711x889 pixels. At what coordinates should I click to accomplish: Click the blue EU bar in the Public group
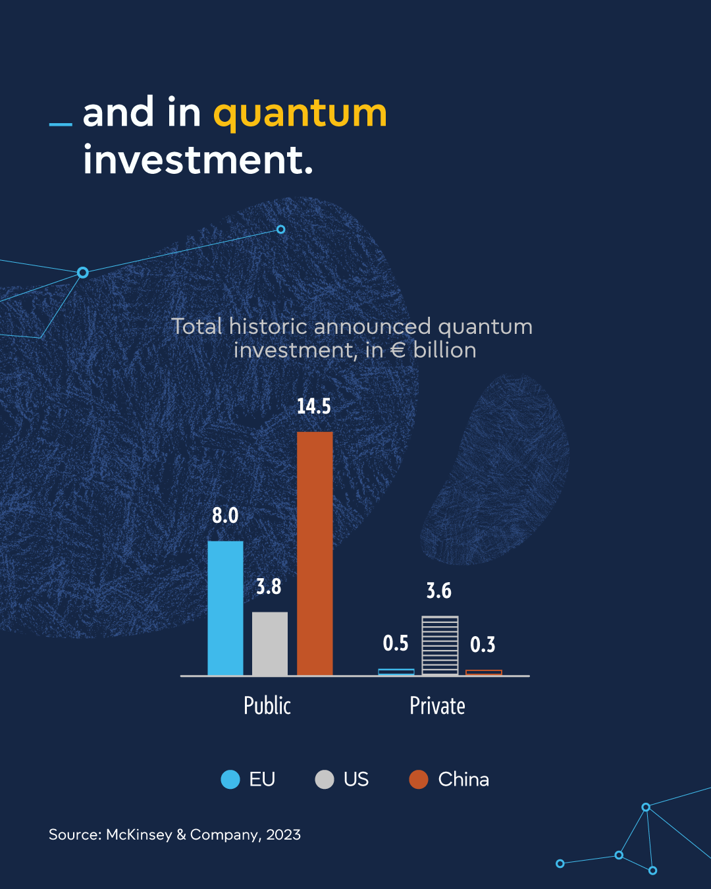(x=225, y=608)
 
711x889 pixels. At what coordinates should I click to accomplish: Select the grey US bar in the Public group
(x=270, y=643)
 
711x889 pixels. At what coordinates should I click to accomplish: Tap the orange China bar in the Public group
(x=315, y=554)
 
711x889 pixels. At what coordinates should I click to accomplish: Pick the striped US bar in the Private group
(x=440, y=646)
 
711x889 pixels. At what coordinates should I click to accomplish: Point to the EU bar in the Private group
(x=396, y=672)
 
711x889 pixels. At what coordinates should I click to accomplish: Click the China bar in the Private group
(x=484, y=672)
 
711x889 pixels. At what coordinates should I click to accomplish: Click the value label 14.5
(x=314, y=406)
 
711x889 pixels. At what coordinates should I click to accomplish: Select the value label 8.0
(x=225, y=516)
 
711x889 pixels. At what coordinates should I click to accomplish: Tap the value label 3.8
(x=269, y=587)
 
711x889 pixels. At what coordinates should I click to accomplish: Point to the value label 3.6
(x=438, y=591)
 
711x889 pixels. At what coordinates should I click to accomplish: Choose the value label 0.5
(x=396, y=643)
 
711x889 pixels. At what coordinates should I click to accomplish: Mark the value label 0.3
(x=483, y=645)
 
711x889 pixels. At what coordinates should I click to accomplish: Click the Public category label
(x=267, y=705)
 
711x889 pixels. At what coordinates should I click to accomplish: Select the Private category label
(x=438, y=705)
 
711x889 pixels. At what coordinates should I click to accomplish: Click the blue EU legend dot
(x=230, y=780)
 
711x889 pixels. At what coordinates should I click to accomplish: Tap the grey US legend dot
(x=325, y=780)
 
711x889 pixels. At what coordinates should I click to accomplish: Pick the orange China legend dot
(x=419, y=780)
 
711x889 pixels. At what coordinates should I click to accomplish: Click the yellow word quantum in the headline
(x=300, y=113)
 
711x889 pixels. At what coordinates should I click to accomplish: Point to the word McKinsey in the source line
(x=139, y=834)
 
